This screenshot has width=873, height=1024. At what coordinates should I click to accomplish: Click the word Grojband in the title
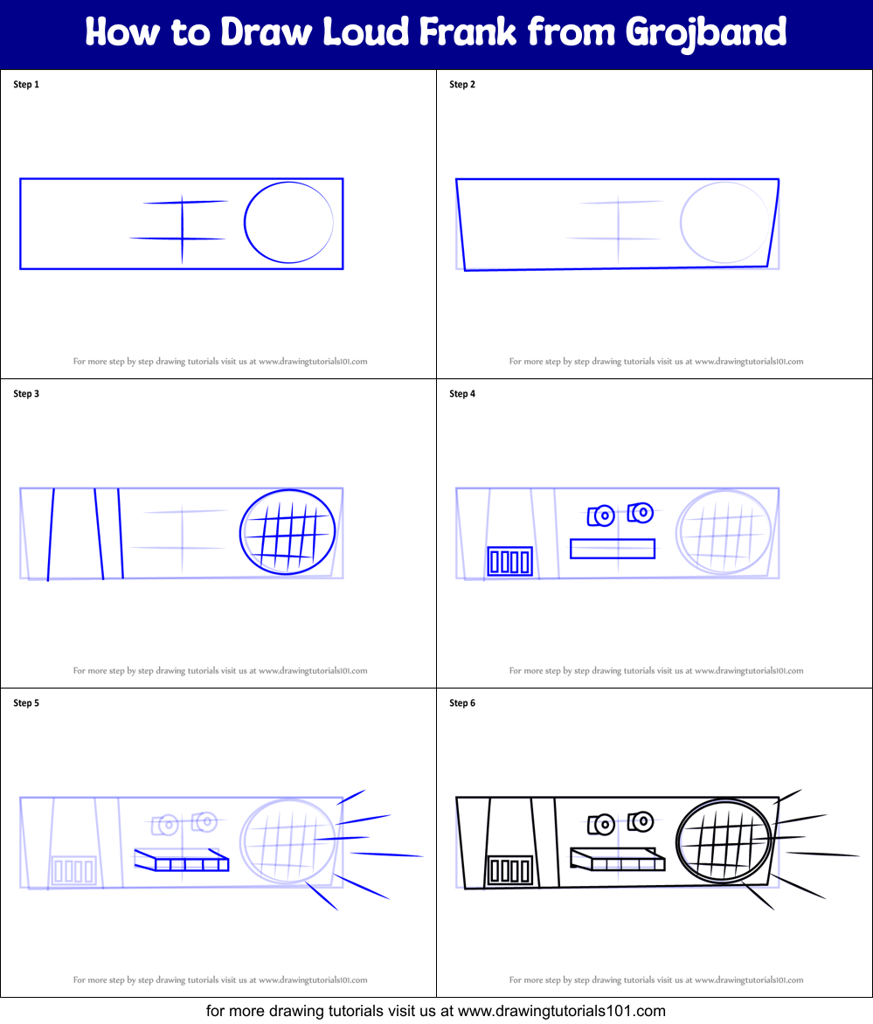(706, 33)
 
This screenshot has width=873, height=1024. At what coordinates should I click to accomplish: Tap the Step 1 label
(26, 85)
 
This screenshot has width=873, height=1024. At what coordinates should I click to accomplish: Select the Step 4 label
(462, 394)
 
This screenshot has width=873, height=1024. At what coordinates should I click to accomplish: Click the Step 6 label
(462, 703)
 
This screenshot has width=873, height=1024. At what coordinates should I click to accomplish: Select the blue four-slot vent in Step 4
(509, 561)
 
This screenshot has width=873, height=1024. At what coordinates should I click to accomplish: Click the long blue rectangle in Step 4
(613, 549)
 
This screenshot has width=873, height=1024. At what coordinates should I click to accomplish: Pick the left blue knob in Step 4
(601, 516)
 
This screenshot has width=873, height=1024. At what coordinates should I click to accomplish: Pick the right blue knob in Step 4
(641, 512)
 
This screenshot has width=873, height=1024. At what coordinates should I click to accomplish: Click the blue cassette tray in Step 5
(182, 860)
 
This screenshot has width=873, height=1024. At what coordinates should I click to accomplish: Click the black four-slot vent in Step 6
(509, 870)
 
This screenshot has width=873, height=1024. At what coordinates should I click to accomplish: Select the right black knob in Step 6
(641, 821)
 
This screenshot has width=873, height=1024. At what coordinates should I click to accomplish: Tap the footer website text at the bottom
(436, 1011)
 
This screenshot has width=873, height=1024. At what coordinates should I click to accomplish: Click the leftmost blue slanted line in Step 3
(52, 535)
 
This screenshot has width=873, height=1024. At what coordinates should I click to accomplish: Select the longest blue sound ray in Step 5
(386, 854)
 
